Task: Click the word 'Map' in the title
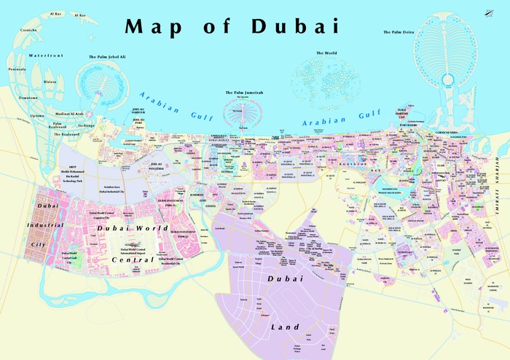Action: point(155,27)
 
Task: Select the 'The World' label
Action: point(326,53)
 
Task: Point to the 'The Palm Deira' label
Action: point(399,32)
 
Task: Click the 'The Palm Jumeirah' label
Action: point(243,93)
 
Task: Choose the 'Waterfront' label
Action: point(46,55)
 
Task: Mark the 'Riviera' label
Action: point(50,82)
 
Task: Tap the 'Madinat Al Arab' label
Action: point(69,113)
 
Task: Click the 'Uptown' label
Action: point(36,116)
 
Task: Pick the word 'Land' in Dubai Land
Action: point(283,326)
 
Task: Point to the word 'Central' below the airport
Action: point(133,259)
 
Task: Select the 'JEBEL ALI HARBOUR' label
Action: point(138,111)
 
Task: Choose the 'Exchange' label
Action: point(87,125)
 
